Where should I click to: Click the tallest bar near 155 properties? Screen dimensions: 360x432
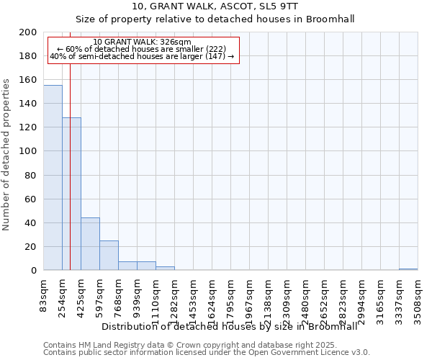pyautogui.click(x=53, y=178)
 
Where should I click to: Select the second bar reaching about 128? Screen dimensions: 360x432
pyautogui.click(x=71, y=194)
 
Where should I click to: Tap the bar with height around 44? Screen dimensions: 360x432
pyautogui.click(x=90, y=244)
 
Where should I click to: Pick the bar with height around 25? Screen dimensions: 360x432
pyautogui.click(x=109, y=256)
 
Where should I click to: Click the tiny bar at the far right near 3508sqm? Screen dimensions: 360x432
pyautogui.click(x=408, y=269)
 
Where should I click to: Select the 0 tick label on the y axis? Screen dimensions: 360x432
pyautogui.click(x=34, y=271)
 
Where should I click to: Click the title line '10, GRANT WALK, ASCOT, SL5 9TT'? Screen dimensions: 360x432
pyautogui.click(x=215, y=6)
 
